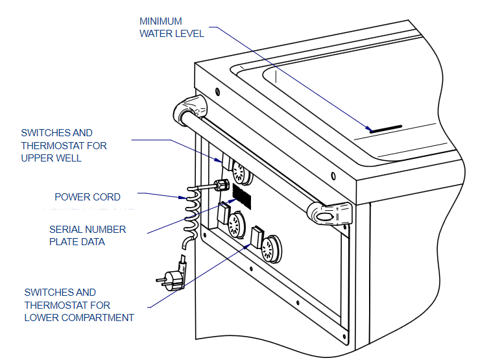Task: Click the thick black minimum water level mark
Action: [x=386, y=128]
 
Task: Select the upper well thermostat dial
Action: [x=241, y=173]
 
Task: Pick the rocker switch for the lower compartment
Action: [x=255, y=237]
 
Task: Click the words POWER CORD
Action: [x=87, y=197]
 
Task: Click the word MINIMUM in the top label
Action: [x=161, y=21]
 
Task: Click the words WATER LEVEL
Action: [x=172, y=34]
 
